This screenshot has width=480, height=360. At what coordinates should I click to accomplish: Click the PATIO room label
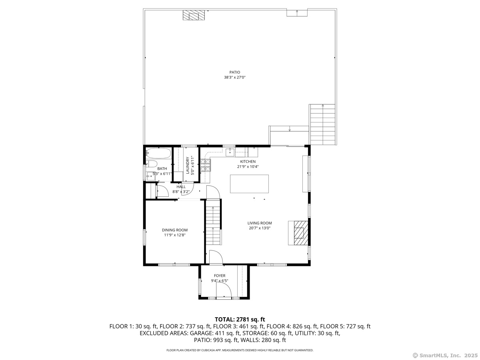(234, 72)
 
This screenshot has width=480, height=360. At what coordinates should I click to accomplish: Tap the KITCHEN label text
(248, 162)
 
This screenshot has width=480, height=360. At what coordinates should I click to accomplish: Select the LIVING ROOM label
(260, 223)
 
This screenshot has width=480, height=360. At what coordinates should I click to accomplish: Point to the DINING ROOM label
(174, 230)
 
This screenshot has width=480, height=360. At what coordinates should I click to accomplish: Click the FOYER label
(220, 276)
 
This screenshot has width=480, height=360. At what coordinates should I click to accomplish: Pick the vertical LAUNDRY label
(188, 165)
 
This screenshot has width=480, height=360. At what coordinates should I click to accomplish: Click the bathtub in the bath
(158, 153)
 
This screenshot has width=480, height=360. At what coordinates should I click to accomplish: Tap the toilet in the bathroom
(151, 164)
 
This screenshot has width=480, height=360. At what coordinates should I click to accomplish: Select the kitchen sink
(230, 152)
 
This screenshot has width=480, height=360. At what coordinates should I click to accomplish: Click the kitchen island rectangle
(249, 184)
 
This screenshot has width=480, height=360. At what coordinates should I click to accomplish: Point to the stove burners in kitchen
(206, 165)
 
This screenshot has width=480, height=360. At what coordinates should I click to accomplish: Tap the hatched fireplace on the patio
(194, 15)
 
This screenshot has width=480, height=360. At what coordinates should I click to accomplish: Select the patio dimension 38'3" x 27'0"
(235, 77)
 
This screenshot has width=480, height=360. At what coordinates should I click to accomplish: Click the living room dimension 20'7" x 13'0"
(260, 228)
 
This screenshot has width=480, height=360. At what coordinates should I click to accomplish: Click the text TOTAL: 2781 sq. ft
(240, 319)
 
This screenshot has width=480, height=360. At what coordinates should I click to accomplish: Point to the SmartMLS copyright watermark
(445, 355)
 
